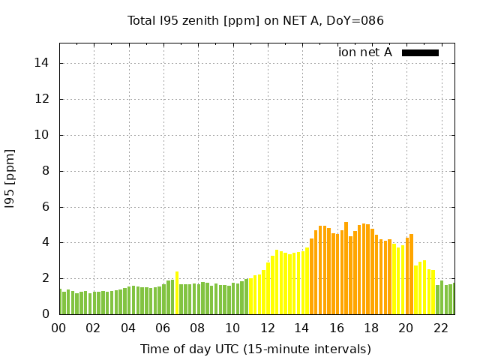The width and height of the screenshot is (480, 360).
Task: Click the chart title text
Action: coord(256,21)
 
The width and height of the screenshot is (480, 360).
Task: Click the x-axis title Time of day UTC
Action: coord(256,349)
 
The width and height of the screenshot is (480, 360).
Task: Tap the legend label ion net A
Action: coord(365,52)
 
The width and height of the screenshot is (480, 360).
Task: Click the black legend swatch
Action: coord(420,52)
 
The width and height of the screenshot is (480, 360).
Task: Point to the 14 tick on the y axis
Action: coord(43,63)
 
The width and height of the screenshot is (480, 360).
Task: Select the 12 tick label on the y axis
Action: coord(43,99)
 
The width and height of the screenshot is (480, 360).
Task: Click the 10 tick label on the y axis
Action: coord(43,135)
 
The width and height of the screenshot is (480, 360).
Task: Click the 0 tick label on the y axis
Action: coord(46,314)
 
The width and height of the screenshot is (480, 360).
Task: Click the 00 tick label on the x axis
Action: coord(59,328)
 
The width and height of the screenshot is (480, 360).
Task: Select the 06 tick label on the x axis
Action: coord(163,328)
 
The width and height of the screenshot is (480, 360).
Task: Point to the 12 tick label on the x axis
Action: coord(267,328)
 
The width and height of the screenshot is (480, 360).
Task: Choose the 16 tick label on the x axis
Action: coord(337,328)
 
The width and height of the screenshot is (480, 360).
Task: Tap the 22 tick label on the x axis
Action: coord(440,328)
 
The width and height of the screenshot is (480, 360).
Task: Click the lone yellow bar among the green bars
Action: coord(177,293)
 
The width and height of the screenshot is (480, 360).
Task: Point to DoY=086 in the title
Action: coord(358,21)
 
